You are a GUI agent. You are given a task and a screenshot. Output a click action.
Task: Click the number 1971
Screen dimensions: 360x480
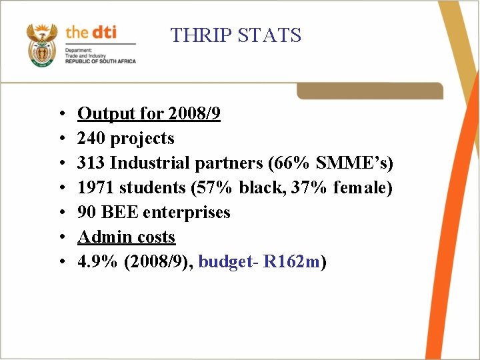pyautogui.click(x=96, y=188)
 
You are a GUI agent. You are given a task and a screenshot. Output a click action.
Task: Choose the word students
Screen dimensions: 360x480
pyautogui.click(x=151, y=188)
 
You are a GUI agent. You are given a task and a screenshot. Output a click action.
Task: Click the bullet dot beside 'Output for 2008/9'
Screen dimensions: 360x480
pyautogui.click(x=61, y=115)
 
